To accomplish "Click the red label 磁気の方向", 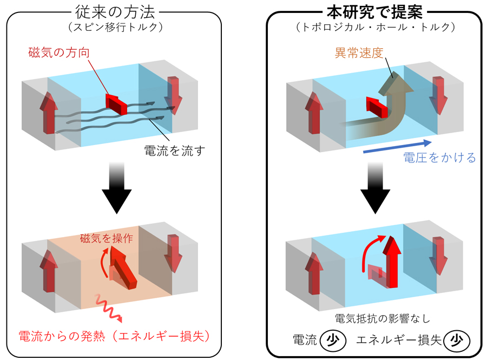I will point(57,53).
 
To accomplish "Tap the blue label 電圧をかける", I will point(439,158).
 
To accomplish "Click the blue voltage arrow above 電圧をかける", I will point(397,146).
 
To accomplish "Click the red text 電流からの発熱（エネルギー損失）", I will point(114,336).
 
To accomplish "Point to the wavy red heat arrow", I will point(108,309).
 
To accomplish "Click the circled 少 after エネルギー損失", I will point(455,340).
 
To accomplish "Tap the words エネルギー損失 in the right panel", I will point(399,340).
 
